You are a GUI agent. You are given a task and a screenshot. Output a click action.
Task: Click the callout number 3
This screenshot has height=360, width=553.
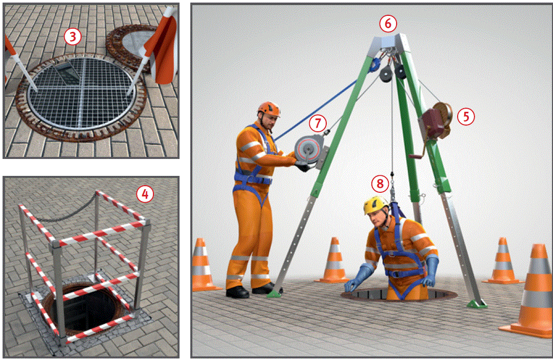tap(73, 37)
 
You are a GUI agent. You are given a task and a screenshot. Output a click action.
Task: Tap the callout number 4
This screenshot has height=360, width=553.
tap(145, 194)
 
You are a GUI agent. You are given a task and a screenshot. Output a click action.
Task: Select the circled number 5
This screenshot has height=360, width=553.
tap(466, 116)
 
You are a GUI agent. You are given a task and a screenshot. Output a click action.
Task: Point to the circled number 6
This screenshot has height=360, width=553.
tap(388, 24)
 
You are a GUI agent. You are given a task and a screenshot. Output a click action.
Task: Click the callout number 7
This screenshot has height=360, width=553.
tap(318, 123)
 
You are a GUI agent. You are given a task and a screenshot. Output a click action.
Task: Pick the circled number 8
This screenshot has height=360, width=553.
tap(380, 184)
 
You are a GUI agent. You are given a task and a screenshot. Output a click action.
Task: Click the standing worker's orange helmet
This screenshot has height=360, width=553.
tap(269, 109)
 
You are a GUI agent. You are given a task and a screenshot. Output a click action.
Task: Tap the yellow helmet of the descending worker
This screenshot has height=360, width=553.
tap(376, 205)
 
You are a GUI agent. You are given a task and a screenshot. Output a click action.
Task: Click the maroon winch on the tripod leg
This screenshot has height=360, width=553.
tap(437, 122)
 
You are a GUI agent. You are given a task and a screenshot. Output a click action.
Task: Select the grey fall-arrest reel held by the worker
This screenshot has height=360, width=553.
tap(309, 150)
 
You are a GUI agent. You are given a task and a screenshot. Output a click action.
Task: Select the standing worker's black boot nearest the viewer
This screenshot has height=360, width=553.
tap(237, 292)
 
